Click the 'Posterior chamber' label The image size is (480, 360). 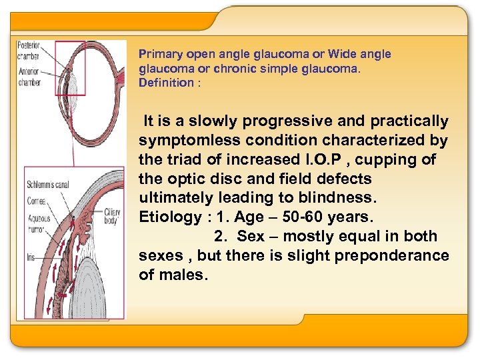coord(29,51)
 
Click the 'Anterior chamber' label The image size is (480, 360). coord(29,78)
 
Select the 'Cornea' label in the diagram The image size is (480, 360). coord(36,200)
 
